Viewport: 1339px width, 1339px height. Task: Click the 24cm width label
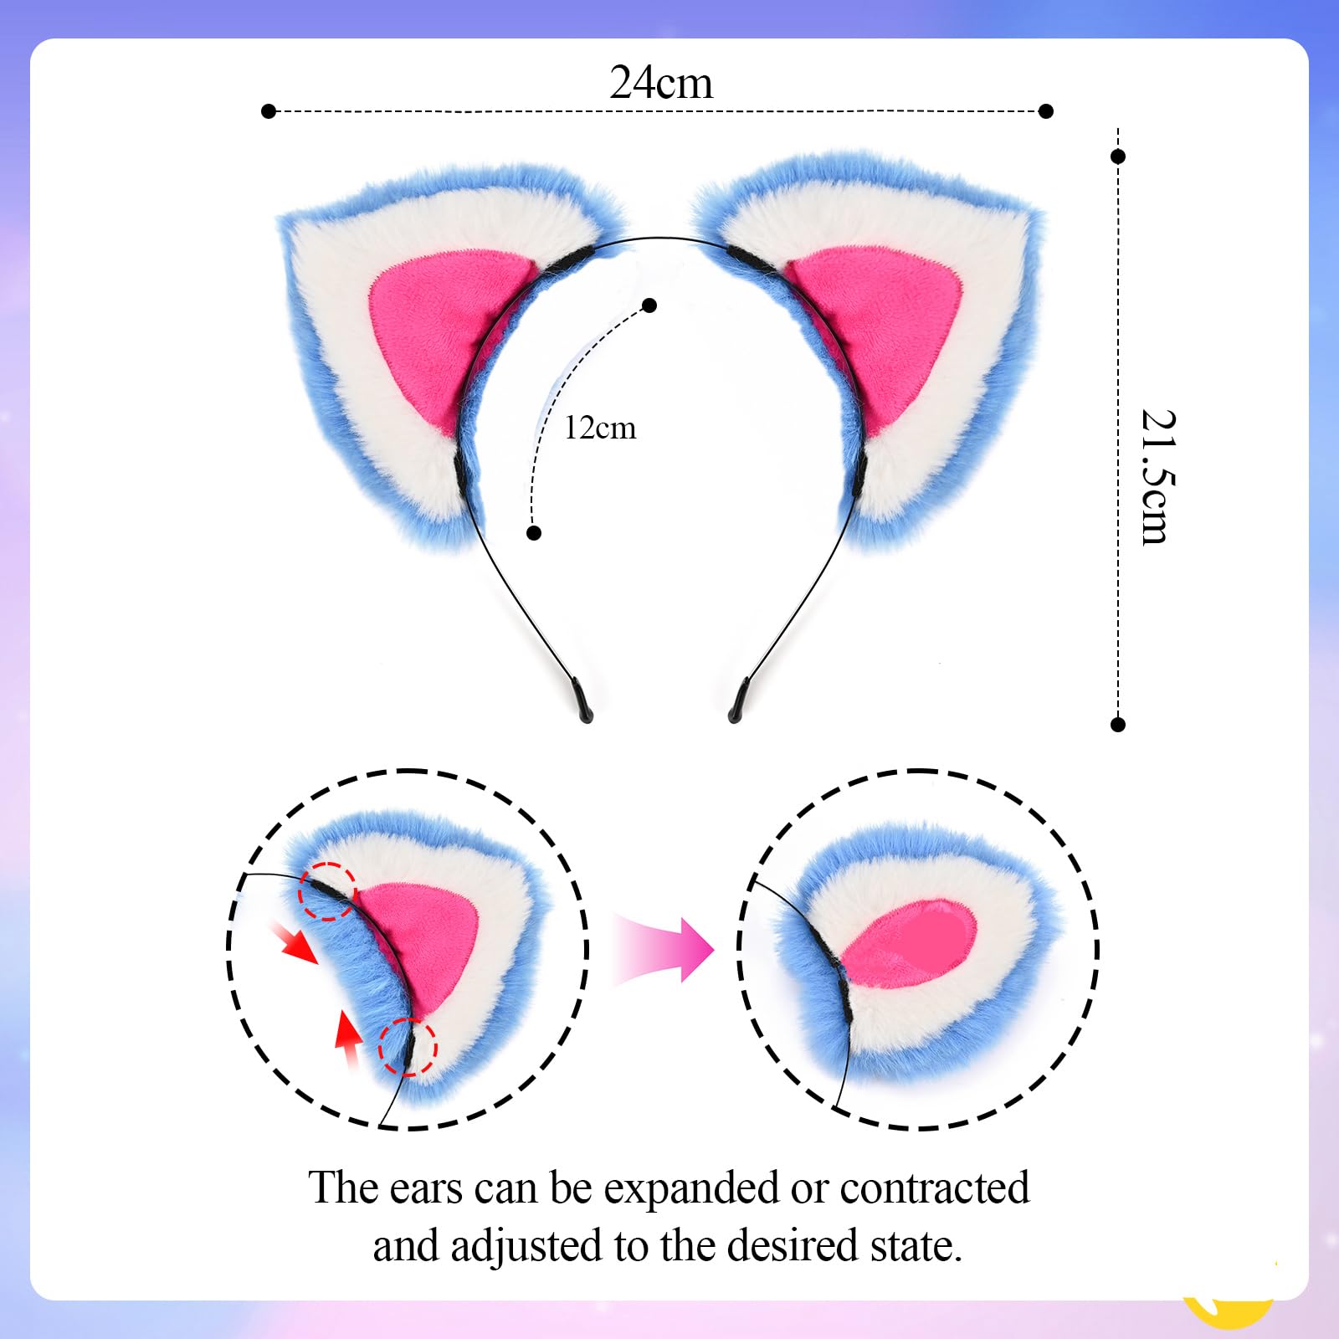coord(661,83)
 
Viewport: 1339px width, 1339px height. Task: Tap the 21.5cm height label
coord(1157,477)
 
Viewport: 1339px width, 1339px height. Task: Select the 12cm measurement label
coord(600,428)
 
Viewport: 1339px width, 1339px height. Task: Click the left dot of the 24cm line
coord(269,111)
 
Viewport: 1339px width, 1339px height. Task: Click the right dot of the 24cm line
coord(1045,111)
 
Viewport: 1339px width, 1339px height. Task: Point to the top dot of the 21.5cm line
coord(1118,156)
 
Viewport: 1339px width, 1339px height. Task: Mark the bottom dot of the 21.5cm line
coord(1118,724)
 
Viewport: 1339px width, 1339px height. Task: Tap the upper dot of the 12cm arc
coord(649,305)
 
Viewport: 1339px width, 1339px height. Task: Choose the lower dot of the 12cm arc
coord(534,532)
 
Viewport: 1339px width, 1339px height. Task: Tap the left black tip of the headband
coord(583,703)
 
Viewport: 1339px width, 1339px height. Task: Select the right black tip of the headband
coord(737,703)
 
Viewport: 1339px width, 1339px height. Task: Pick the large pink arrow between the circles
coord(665,950)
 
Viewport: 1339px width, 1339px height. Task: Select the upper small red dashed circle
coord(328,890)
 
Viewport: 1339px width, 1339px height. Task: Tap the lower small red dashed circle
coord(408,1046)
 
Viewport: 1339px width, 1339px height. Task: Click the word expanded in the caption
coord(692,1188)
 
